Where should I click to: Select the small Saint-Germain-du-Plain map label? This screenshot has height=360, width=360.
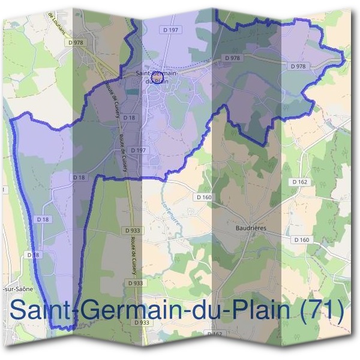tap(155, 77)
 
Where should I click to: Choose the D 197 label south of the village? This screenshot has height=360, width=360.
tap(137, 150)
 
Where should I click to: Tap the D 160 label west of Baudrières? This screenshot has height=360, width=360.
tap(204, 197)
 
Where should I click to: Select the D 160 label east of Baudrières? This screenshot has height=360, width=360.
tap(301, 240)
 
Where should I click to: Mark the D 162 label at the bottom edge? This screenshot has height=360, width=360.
tap(215, 334)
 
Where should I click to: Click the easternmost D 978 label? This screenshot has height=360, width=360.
tap(298, 67)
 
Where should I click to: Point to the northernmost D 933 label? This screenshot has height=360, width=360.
tap(133, 230)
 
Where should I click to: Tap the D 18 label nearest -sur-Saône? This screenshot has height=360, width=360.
tap(34, 255)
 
